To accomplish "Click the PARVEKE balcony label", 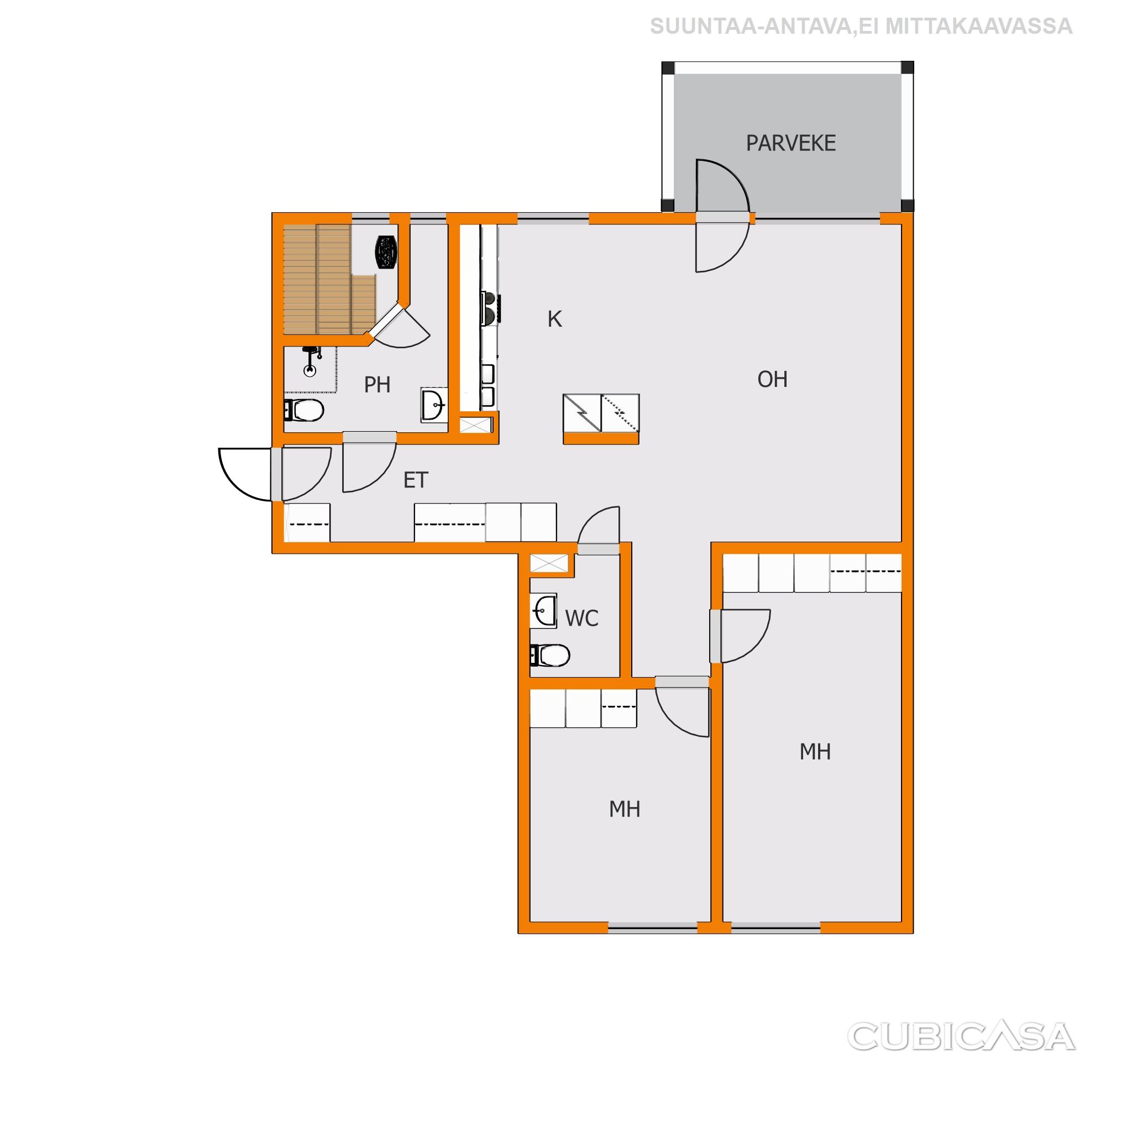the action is [790, 144].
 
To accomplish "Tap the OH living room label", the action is [772, 380].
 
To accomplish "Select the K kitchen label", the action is [554, 319].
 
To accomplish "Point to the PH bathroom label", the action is [377, 385].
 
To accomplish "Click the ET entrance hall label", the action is [416, 480].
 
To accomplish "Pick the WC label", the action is [582, 618].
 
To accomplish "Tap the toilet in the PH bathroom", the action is [303, 410].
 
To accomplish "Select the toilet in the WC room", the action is [549, 656].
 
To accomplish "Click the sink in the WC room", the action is [543, 612].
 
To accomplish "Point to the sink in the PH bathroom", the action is [434, 404].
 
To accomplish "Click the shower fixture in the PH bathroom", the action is [311, 361].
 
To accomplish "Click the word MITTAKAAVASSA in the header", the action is [979, 27].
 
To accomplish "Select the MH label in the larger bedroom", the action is [815, 752].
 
